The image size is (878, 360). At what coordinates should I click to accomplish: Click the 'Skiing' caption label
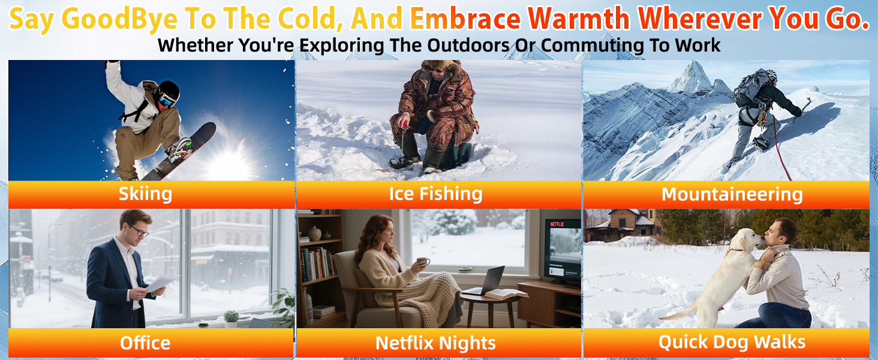(x=145, y=194)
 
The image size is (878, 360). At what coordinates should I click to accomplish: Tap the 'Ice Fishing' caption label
(x=435, y=194)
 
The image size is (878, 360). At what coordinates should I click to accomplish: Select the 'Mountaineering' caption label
(x=732, y=194)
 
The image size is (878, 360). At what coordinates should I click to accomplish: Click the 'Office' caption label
(x=145, y=343)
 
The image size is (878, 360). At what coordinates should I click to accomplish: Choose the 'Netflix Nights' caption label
(x=435, y=343)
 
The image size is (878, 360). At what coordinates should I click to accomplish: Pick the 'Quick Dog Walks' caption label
(x=732, y=342)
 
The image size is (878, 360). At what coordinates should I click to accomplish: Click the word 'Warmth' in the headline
(x=579, y=19)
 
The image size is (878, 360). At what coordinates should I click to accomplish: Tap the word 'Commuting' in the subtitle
(x=593, y=46)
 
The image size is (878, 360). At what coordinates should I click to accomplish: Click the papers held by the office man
(x=161, y=283)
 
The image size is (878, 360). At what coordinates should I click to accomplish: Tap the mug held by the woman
(x=423, y=261)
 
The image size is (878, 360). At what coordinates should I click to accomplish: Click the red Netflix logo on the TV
(x=557, y=224)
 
